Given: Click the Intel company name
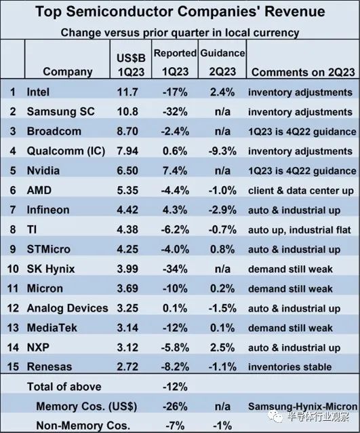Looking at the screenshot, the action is (38, 92).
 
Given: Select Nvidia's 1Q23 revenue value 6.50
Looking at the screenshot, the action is (127, 170).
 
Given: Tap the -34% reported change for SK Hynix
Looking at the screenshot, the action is (175, 269).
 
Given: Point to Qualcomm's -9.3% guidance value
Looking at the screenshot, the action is (222, 151).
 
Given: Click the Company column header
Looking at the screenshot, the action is (68, 72).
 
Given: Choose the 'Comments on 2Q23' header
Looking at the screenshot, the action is (303, 72).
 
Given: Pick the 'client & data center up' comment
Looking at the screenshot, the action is (301, 191).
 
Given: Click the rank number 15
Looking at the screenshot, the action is (13, 366).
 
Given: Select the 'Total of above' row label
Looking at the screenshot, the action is (64, 387).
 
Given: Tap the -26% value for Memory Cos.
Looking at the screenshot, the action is (175, 407).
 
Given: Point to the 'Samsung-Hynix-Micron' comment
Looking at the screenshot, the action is (303, 407).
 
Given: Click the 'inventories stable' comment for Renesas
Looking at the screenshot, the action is (290, 366).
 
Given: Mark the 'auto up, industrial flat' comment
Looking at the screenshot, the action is (300, 230).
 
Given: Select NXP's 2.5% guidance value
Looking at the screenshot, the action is (222, 347).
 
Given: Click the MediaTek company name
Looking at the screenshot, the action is (52, 328).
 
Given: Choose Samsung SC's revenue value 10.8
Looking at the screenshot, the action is (127, 111).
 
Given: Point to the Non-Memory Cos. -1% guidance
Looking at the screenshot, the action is (222, 426).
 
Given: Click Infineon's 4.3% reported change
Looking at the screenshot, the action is (175, 210).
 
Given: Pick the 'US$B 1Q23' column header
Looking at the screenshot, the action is (131, 65).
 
